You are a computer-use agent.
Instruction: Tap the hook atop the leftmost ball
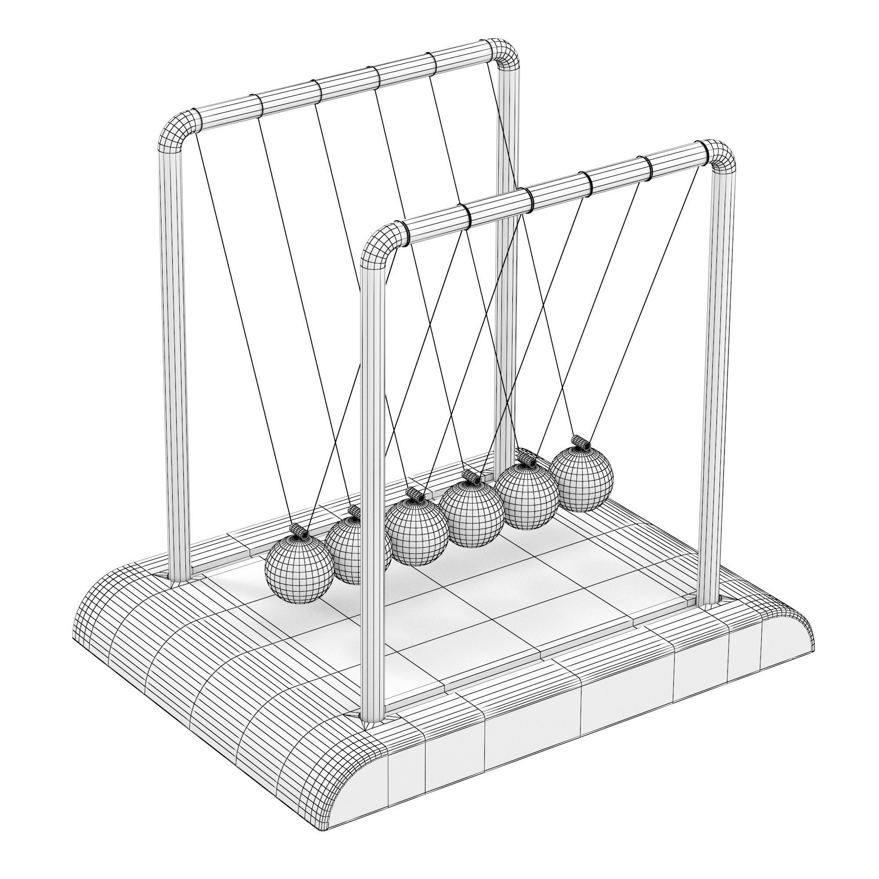coord(298,530)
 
